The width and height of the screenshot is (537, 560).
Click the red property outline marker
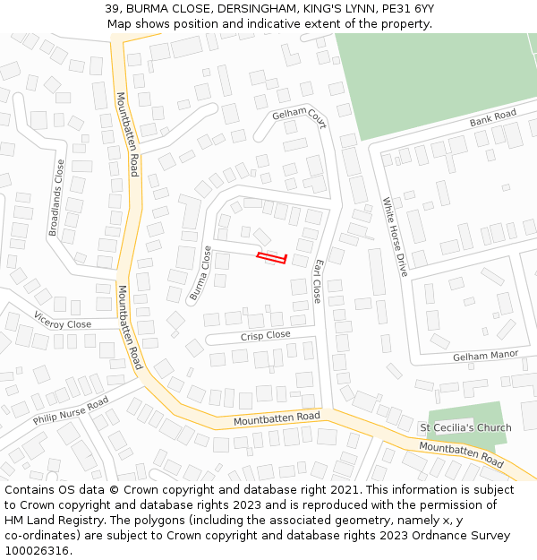click(x=271, y=258)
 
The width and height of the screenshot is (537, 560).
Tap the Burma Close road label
click(x=201, y=272)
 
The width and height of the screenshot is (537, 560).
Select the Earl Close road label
click(x=317, y=281)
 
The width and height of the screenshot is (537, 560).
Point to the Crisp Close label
click(x=265, y=335)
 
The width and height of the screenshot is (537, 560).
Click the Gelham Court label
click(x=299, y=119)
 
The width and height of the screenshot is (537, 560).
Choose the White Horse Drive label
click(x=395, y=237)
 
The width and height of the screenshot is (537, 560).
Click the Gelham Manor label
click(x=485, y=356)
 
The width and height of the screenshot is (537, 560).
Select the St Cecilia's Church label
click(x=466, y=427)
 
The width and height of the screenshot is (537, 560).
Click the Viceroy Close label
click(x=63, y=323)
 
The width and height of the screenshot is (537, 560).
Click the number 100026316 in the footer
click(x=38, y=551)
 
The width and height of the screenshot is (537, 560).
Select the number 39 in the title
click(x=112, y=8)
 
